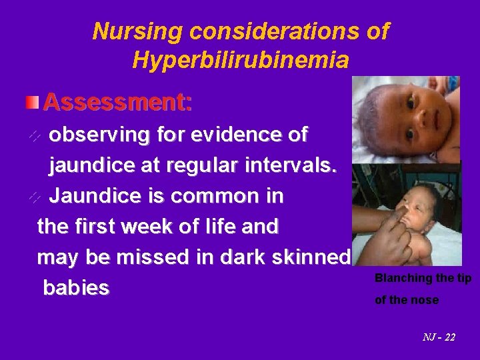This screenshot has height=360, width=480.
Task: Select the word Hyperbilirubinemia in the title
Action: coord(241,60)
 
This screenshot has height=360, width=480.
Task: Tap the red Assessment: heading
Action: coord(118,103)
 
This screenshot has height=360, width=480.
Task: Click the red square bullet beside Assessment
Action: coord(33,102)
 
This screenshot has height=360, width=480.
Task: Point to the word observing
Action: coord(95,135)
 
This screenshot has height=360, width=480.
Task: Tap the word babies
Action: coord(76,289)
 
